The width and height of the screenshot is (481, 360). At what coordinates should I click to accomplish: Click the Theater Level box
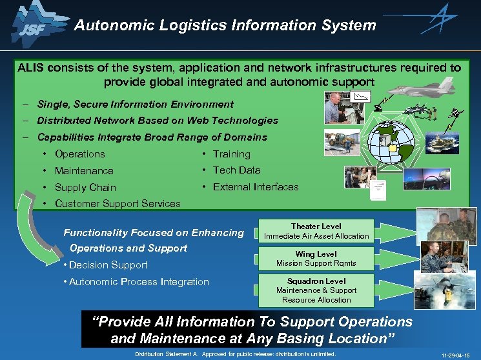(x=316, y=232)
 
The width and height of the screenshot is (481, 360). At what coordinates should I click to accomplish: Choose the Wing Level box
(x=316, y=259)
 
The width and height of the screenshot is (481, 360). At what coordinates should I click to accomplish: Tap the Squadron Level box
(x=316, y=290)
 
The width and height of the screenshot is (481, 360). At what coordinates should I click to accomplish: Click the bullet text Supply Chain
(x=85, y=188)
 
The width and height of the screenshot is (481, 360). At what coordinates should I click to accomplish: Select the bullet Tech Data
(x=236, y=170)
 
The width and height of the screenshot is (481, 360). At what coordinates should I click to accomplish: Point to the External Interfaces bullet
(x=256, y=187)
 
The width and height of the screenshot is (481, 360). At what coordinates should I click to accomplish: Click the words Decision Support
(x=108, y=265)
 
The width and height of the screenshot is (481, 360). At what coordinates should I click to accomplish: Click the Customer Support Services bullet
(x=118, y=204)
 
